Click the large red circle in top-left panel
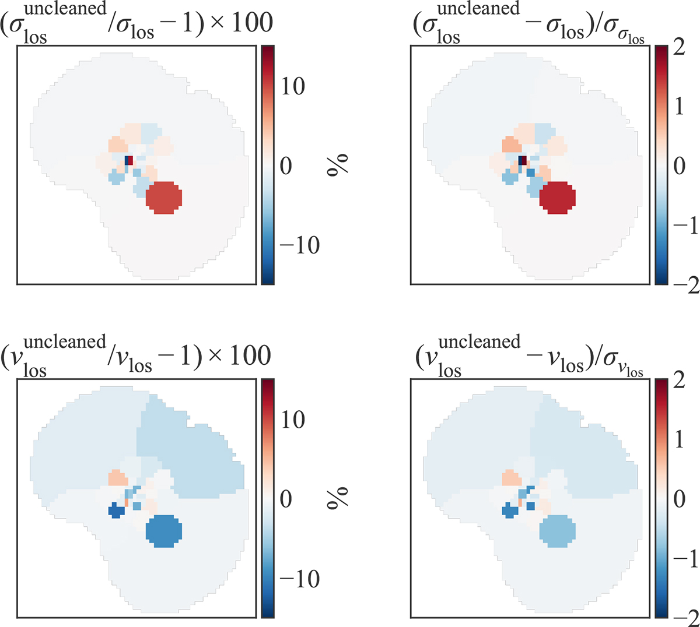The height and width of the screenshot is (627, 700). (164, 198)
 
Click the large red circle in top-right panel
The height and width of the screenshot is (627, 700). (558, 198)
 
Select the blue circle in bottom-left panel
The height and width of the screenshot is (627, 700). (164, 531)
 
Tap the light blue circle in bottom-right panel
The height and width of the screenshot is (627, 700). (558, 531)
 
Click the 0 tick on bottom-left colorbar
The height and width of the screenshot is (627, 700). (286, 499)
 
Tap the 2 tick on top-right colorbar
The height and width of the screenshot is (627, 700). (679, 47)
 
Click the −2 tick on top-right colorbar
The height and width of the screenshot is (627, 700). (684, 286)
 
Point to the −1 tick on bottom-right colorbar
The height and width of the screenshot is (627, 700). (684, 559)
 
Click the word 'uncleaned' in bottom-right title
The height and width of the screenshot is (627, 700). (479, 341)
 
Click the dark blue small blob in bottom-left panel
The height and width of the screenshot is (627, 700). (117, 512)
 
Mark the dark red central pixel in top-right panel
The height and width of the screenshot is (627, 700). (523, 160)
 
